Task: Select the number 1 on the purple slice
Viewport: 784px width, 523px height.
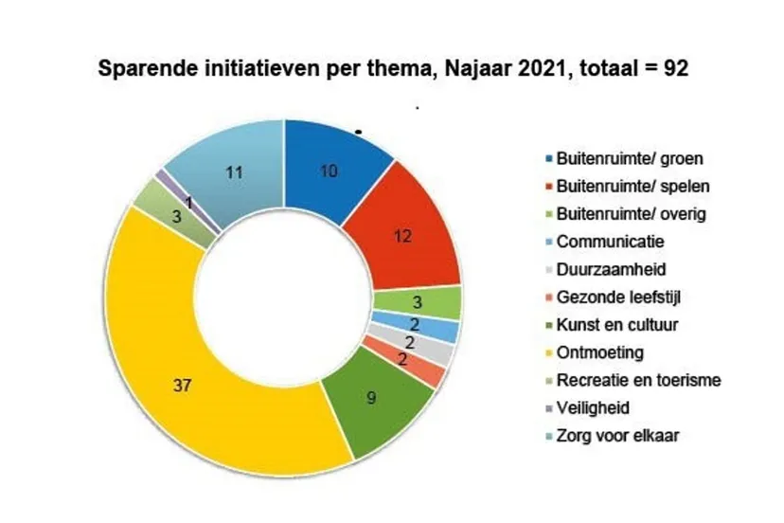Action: coord(190,203)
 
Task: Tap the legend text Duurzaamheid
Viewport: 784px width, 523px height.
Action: coord(600,269)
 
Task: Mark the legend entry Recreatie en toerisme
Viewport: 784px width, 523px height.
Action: coord(639,380)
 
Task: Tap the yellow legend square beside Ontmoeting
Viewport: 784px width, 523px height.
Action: coord(548,353)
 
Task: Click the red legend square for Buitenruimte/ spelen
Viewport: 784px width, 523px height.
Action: coord(548,186)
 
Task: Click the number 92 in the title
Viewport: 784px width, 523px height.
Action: coord(669,68)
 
